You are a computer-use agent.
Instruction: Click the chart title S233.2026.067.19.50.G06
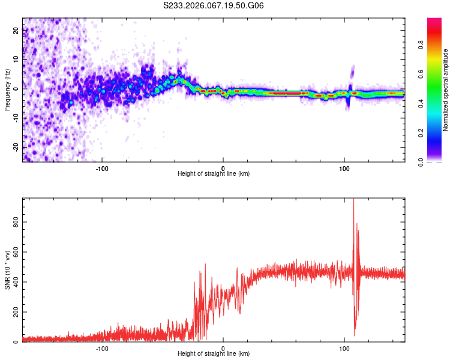(214, 6)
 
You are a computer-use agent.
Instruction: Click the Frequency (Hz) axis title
(7, 90)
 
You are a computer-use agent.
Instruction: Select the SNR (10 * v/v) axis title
(7, 270)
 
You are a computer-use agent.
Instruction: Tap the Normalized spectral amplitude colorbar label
(446, 90)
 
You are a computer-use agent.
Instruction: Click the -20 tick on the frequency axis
(14, 147)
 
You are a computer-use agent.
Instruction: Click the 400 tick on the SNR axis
(13, 282)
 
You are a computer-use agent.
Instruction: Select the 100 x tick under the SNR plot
(344, 348)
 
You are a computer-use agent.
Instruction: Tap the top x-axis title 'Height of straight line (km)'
(214, 174)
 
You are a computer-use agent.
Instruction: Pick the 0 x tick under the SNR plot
(223, 348)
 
